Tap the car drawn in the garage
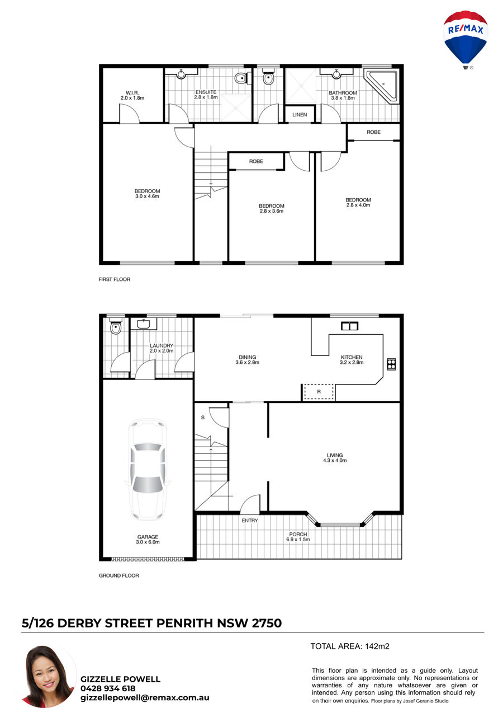click(x=148, y=470)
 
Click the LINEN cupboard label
click(x=300, y=115)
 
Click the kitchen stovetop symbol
click(x=391, y=364)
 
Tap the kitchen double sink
click(x=349, y=326)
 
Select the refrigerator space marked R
click(x=319, y=392)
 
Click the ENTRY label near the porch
click(x=250, y=521)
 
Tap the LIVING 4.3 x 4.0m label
click(x=335, y=458)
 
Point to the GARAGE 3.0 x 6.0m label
click(x=148, y=540)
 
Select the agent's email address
click(x=145, y=697)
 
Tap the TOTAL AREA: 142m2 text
click(x=350, y=646)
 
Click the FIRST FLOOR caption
click(x=114, y=279)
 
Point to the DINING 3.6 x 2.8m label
click(x=247, y=359)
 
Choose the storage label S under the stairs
click(x=203, y=418)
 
